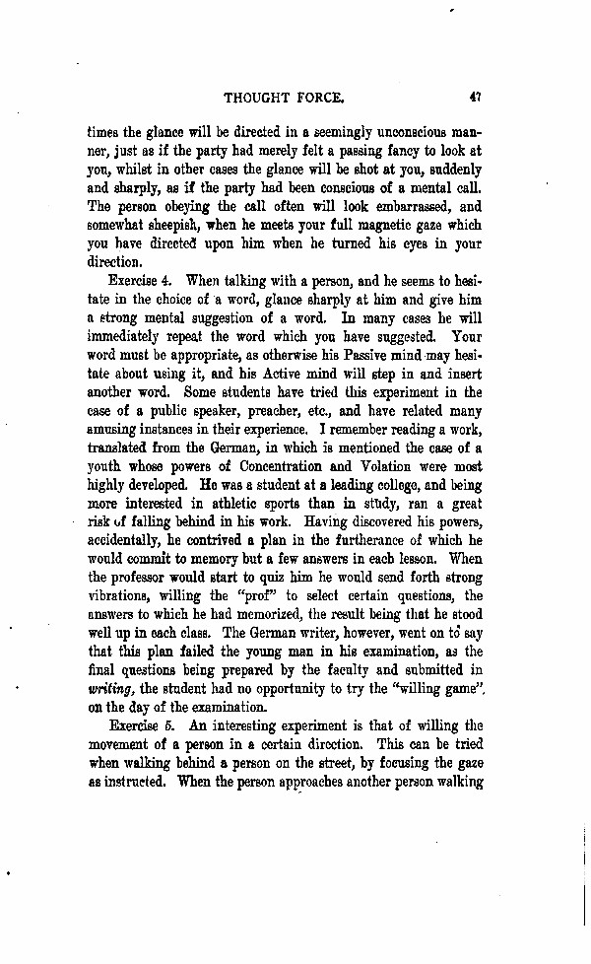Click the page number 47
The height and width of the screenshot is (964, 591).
475,98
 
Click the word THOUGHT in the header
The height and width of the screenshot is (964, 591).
260,99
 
